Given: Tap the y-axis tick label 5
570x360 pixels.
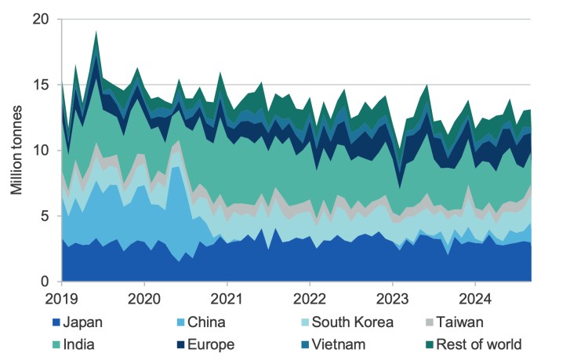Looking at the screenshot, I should (47, 216).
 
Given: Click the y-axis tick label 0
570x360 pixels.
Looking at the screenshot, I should (47, 281).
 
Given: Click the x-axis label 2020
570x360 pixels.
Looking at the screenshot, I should (144, 299).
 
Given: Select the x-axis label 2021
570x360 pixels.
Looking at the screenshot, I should (227, 299).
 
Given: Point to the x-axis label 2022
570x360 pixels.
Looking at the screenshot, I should (310, 299).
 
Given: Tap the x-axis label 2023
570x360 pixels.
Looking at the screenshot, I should (393, 299).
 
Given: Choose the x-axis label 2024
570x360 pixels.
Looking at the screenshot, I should (475, 299).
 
